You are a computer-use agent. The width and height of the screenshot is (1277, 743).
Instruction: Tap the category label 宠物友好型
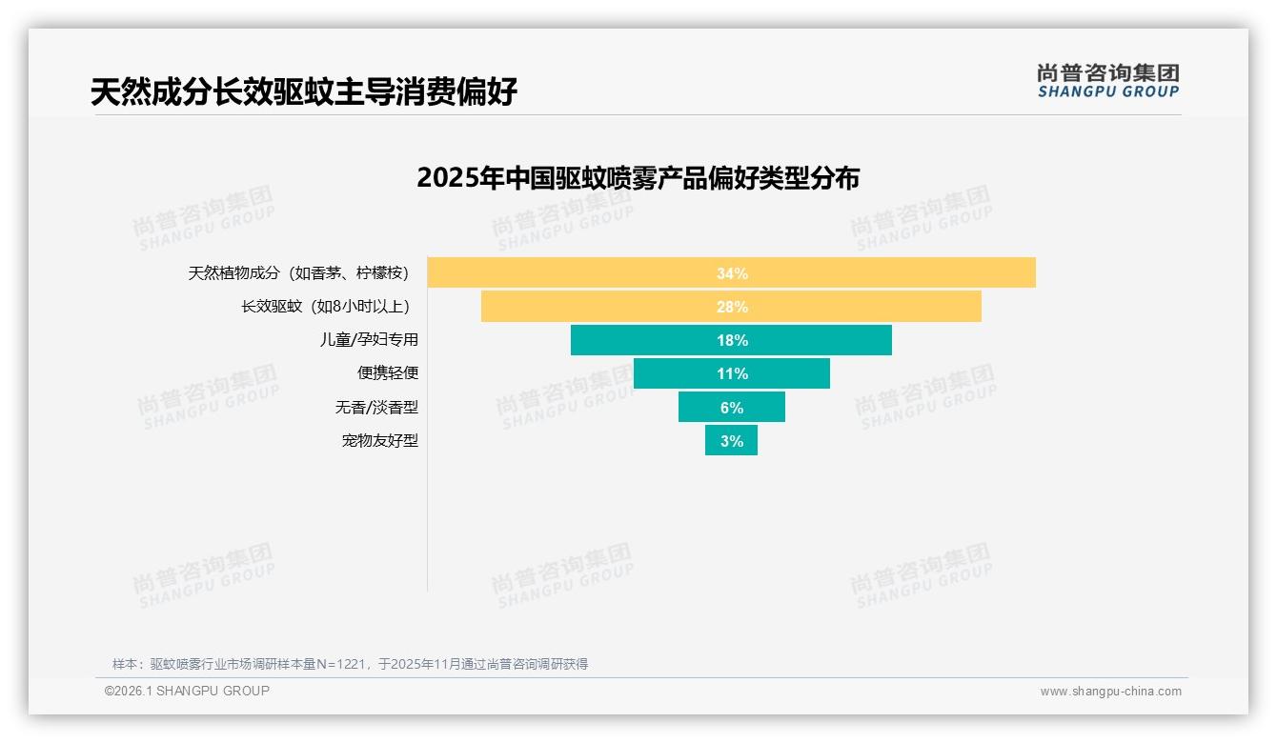[x=379, y=441]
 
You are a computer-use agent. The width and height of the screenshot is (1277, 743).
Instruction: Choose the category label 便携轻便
[x=387, y=373]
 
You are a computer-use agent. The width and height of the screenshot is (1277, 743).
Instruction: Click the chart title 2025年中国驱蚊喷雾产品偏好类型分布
[x=638, y=178]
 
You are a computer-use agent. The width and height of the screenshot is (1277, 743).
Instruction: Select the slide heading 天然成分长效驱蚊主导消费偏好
[x=304, y=91]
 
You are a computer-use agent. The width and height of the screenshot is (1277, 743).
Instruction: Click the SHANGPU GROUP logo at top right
[x=1107, y=81]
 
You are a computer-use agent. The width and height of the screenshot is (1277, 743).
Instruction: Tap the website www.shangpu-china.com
[x=1110, y=692]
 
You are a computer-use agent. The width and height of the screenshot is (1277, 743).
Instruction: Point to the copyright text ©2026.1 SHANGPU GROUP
[x=187, y=691]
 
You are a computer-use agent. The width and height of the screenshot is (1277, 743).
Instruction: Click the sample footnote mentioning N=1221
[x=350, y=664]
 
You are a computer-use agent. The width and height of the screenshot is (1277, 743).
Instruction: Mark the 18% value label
[x=732, y=340]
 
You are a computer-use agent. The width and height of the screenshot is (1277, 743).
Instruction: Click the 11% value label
[x=732, y=373]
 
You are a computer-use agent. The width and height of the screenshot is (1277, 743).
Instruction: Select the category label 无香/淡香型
[x=375, y=407]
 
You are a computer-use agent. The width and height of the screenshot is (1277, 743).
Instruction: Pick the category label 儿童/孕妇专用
[x=368, y=340]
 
